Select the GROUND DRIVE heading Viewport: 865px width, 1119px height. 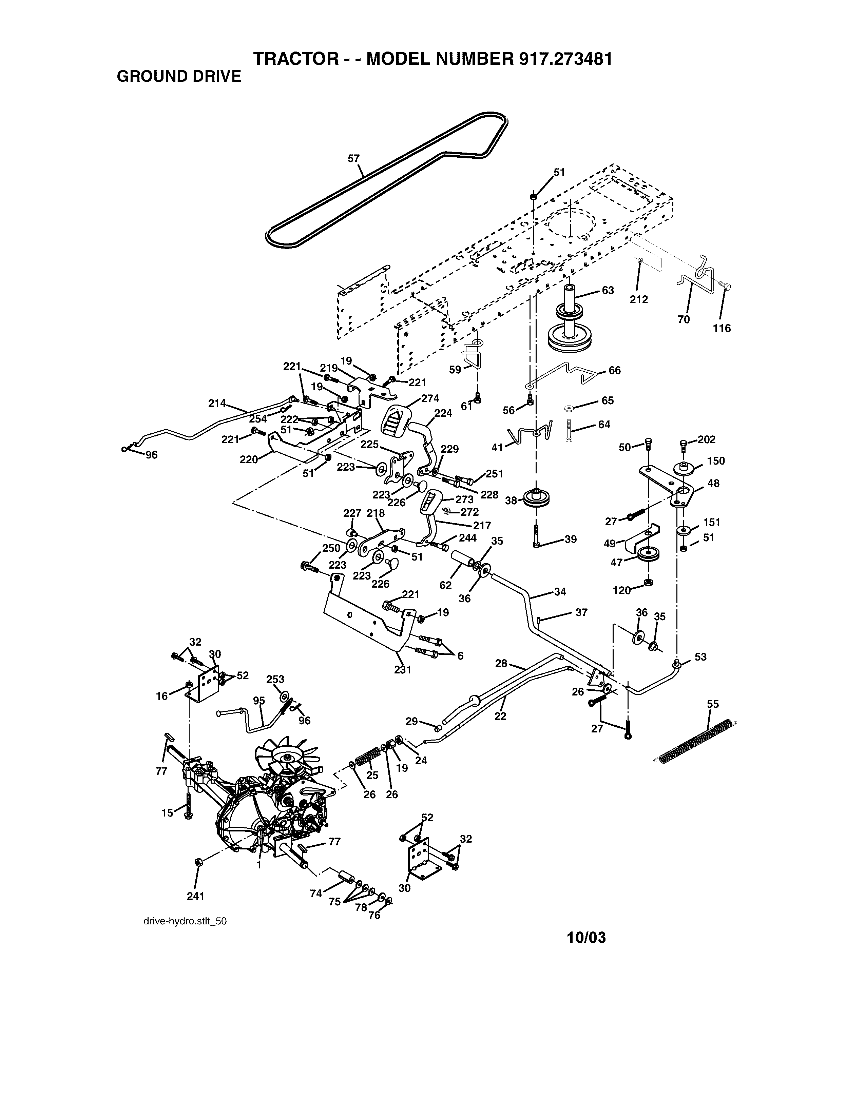coord(179,77)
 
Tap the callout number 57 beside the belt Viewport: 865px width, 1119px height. coord(353,158)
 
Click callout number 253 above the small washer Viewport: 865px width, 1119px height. coord(275,680)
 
